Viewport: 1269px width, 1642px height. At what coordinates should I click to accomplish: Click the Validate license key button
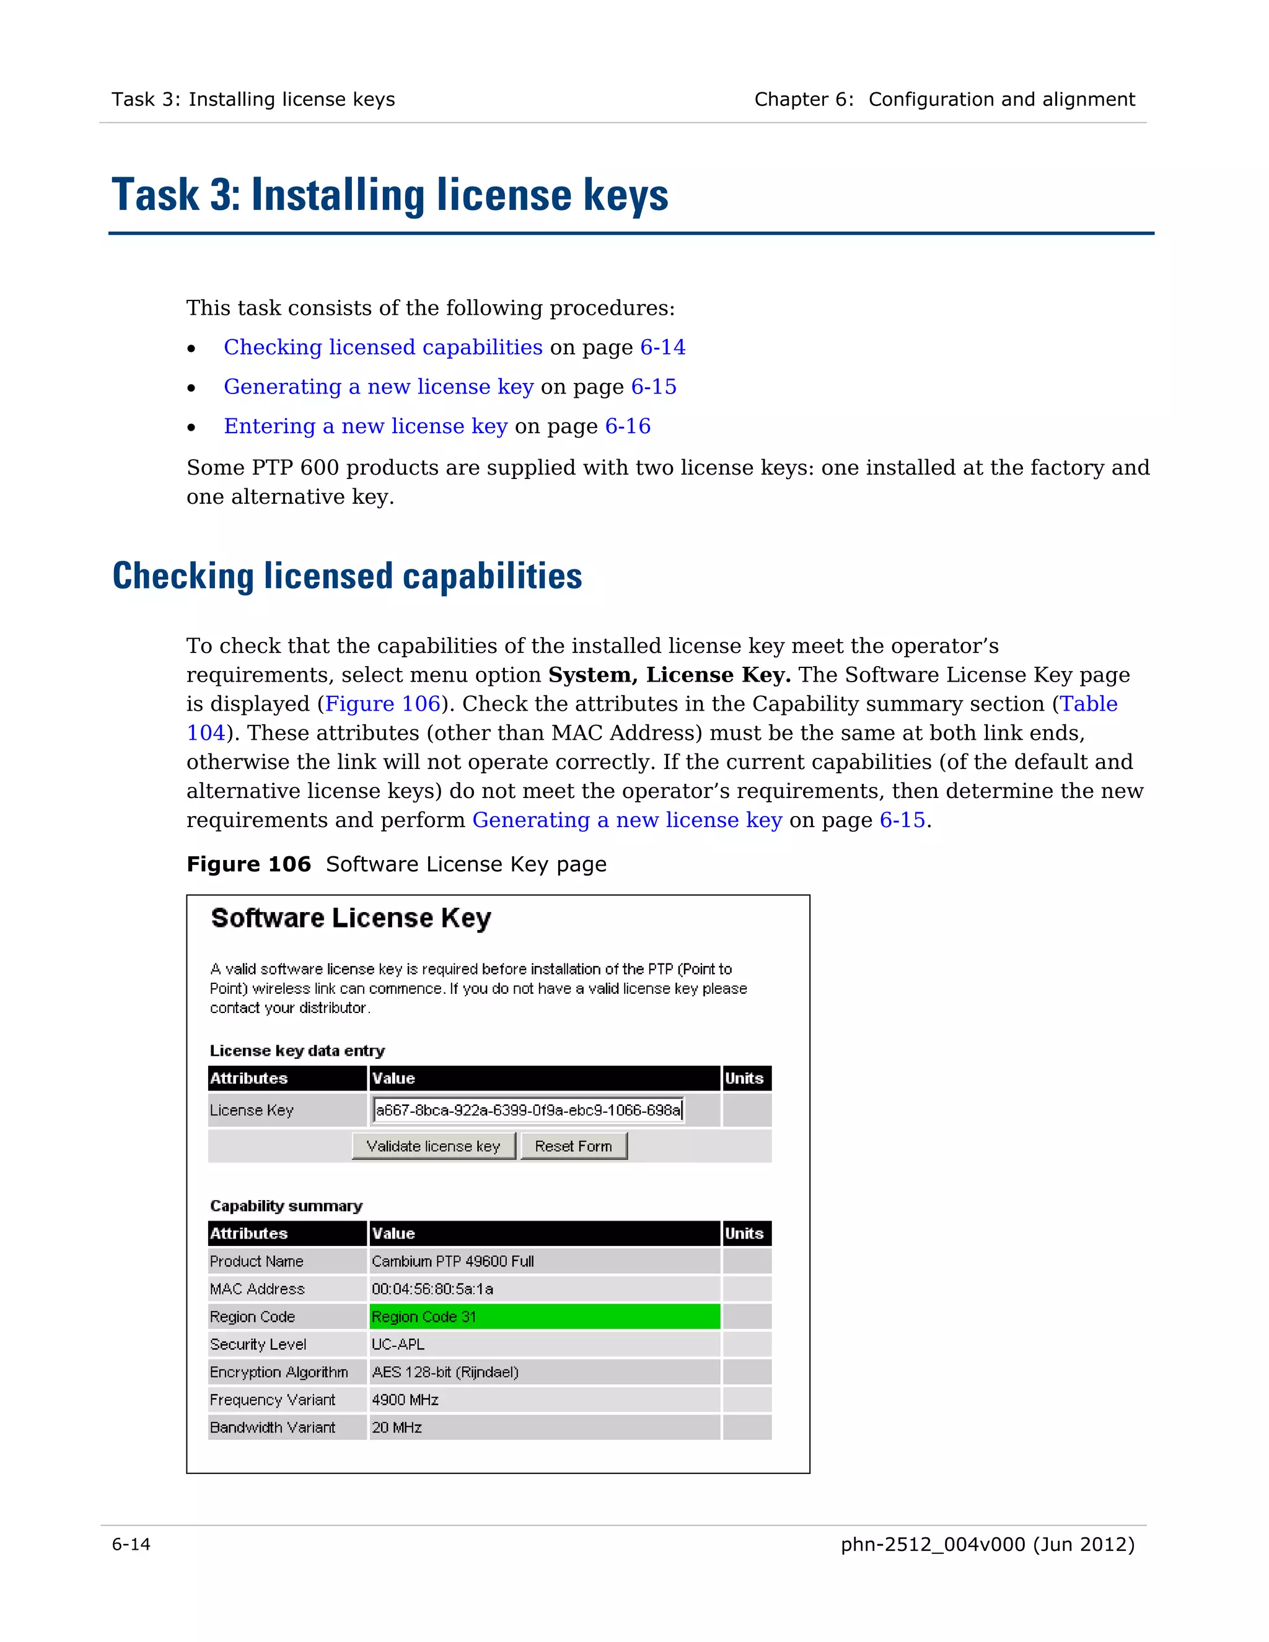(433, 1146)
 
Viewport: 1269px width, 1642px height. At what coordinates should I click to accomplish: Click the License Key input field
(528, 1110)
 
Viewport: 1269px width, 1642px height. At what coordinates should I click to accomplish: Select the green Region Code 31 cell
(544, 1317)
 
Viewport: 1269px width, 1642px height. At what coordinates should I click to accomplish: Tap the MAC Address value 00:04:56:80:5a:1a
(433, 1289)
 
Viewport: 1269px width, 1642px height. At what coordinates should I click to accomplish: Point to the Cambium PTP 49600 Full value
(452, 1261)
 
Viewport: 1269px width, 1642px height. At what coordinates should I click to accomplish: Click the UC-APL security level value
(398, 1345)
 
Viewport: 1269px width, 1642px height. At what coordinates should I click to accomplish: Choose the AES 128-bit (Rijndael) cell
(445, 1372)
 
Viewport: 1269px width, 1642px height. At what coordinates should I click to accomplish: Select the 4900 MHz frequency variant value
(405, 1400)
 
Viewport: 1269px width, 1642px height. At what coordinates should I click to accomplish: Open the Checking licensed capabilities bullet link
(383, 348)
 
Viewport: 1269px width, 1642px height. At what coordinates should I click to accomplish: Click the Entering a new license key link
(366, 426)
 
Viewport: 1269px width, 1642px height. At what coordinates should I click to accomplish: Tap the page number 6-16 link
(628, 426)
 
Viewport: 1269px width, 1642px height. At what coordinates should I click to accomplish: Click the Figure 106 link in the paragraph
(382, 704)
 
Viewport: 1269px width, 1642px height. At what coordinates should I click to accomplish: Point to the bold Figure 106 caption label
(248, 864)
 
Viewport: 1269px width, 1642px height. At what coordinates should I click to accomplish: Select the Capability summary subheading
(286, 1206)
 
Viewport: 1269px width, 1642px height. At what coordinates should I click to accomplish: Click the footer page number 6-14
(131, 1544)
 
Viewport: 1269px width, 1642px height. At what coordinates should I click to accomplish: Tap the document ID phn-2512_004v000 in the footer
(932, 1544)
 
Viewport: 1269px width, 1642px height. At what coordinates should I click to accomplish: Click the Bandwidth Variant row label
(272, 1428)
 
